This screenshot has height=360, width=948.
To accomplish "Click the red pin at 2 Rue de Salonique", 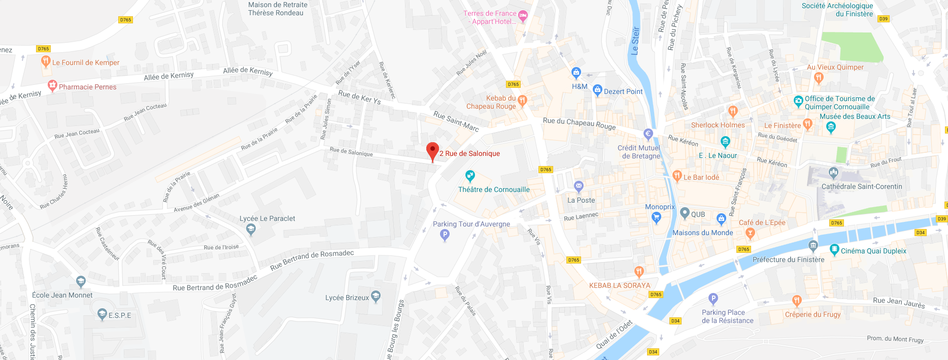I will click(x=432, y=151).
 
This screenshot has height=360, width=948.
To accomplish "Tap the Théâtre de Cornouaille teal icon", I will click(x=470, y=176).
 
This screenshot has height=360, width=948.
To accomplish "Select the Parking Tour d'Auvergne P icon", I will click(x=445, y=235).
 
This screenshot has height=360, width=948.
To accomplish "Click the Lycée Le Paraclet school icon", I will click(x=251, y=230).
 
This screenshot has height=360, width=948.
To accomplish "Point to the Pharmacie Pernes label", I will click(x=87, y=87).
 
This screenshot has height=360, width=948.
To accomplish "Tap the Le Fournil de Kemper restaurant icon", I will click(x=46, y=62).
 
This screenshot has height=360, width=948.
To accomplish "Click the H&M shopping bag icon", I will click(x=576, y=73).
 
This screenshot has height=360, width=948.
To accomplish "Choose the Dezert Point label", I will click(x=623, y=92).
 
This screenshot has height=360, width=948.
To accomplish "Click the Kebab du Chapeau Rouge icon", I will click(x=522, y=101).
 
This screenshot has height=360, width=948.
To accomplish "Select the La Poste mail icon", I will click(x=579, y=186).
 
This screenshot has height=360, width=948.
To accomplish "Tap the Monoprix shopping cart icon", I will click(x=656, y=218).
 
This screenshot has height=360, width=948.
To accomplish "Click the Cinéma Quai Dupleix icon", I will click(x=834, y=249).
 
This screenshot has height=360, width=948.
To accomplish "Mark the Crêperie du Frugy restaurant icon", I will click(x=797, y=301).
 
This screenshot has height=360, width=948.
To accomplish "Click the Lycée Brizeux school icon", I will click(x=376, y=296).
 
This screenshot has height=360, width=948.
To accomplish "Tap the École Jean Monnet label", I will click(x=62, y=295).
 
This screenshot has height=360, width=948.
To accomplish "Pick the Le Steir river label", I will click(x=635, y=41).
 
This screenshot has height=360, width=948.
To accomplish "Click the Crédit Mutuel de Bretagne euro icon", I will click(x=648, y=135).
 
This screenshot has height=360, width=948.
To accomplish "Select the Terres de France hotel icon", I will click(x=523, y=16).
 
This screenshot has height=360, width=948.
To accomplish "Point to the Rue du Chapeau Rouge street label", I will click(x=579, y=123).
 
